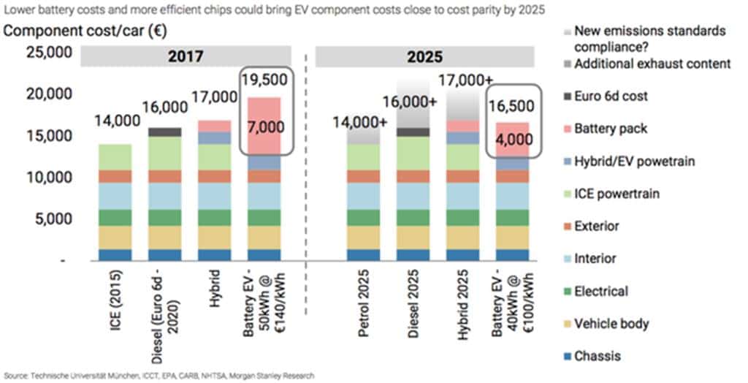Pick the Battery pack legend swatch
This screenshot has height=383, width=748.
[565, 129]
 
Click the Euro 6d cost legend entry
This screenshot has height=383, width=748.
[611, 96]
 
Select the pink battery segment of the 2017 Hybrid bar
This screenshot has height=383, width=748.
[214, 126]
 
